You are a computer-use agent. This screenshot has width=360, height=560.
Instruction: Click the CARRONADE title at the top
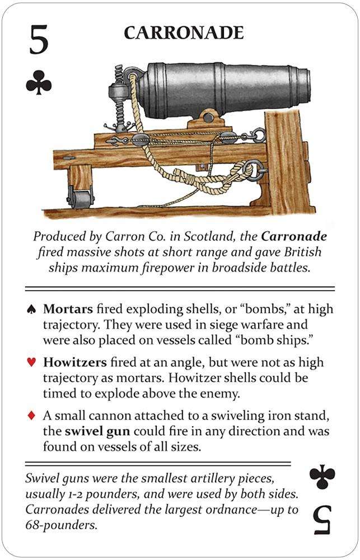184,33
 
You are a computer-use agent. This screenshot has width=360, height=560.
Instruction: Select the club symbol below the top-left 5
39,85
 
